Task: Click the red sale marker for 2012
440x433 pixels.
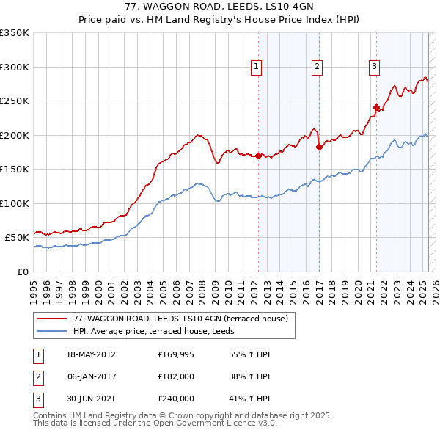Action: (x=258, y=156)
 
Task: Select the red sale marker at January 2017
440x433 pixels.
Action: (x=319, y=147)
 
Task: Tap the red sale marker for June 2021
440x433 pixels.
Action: (x=377, y=107)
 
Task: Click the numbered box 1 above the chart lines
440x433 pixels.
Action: (x=257, y=67)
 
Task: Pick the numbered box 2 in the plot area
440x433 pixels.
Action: (x=318, y=67)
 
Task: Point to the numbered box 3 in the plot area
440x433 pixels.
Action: (x=374, y=67)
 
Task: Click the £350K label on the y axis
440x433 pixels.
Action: (x=15, y=33)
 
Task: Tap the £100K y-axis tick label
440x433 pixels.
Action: (x=15, y=203)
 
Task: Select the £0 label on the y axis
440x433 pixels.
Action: (x=22, y=272)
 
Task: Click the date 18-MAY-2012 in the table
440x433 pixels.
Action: (x=91, y=354)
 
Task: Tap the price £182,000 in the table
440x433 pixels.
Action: (x=176, y=376)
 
